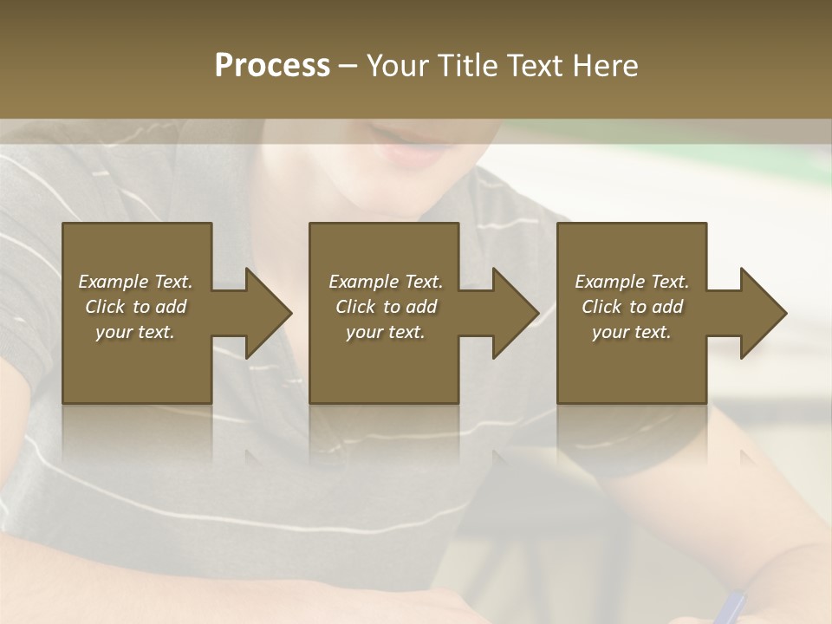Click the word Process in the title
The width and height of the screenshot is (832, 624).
pos(272,65)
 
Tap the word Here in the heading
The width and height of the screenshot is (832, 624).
pos(605,65)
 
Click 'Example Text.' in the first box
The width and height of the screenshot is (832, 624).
pos(135,282)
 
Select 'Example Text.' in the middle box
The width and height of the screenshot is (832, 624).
pos(386,282)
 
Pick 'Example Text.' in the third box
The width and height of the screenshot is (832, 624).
pos(632,282)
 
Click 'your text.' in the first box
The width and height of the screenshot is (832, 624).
pos(135,332)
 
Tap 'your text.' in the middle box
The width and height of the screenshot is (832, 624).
pos(386,332)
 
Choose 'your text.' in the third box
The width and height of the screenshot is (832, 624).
pos(632,332)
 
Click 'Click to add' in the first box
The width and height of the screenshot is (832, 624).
pos(135,307)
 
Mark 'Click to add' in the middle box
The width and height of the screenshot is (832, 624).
pos(386,307)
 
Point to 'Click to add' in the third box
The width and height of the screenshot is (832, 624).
pos(632,307)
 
